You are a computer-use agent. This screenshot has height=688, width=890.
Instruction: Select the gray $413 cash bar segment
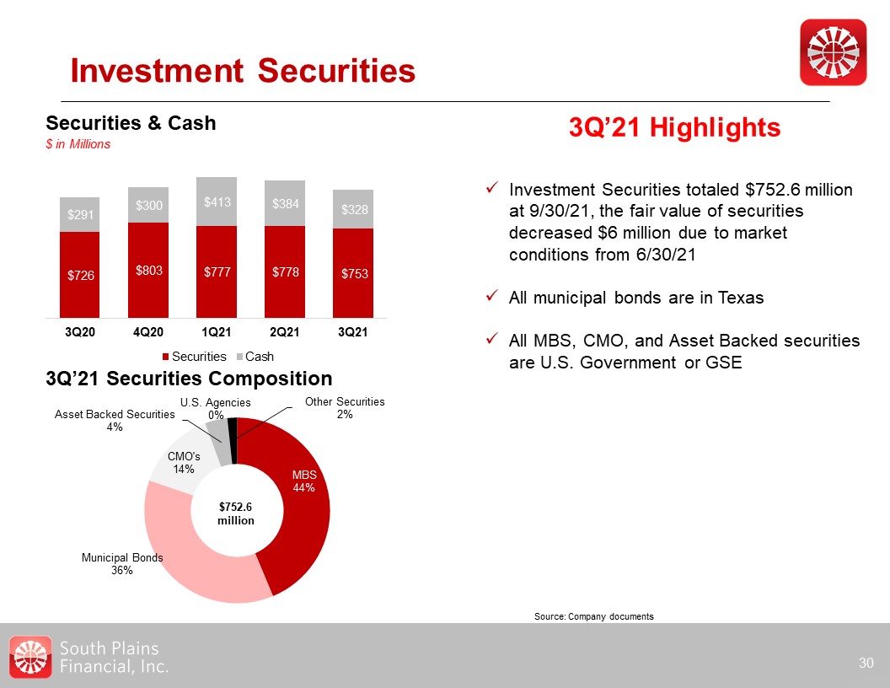217,202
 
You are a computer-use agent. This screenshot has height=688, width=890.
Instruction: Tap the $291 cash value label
80,216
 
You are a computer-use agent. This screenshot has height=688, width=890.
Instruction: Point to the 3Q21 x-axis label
352,332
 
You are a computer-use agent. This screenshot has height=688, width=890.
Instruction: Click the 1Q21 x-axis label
217,332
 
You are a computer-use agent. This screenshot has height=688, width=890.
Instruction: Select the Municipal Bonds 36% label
122,564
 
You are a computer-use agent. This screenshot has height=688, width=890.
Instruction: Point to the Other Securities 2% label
344,408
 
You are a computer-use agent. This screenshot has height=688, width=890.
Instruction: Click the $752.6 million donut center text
236,513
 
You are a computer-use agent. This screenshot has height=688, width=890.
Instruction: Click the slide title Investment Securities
243,71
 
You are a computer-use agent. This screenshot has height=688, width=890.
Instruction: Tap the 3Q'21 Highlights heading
675,128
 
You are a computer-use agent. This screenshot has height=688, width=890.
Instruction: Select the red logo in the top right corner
833,52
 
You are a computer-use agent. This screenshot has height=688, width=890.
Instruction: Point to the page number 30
866,663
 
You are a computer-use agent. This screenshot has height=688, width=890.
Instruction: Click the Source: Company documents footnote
593,617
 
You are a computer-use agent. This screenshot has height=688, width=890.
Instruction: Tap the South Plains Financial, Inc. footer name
115,657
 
